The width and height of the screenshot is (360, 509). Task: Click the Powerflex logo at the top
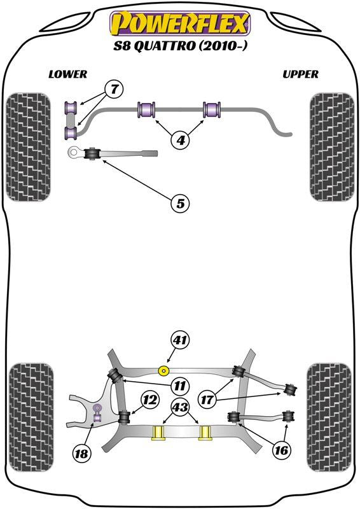[x=180, y=24]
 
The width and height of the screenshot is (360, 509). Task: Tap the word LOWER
[x=67, y=74]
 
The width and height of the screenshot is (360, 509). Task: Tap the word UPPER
[x=300, y=74]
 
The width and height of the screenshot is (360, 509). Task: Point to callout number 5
[x=180, y=204]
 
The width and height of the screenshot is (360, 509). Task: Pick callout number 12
[x=150, y=400]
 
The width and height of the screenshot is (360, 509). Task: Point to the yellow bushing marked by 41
[x=165, y=370]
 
